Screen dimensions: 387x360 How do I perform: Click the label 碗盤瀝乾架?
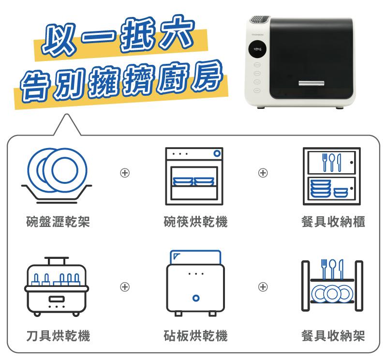point(58,222)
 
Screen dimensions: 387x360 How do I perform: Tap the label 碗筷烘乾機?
point(195,222)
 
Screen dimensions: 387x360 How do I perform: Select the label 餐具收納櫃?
point(333,222)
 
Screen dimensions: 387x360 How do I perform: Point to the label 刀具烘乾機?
point(58,335)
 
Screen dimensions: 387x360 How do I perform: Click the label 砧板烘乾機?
point(195,335)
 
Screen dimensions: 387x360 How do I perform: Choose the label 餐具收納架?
point(333,335)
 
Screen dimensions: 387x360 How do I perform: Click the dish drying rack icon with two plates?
point(57,176)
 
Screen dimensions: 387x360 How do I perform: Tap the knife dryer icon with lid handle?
point(57,286)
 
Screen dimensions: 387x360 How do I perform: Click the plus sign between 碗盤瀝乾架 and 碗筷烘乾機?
point(125,173)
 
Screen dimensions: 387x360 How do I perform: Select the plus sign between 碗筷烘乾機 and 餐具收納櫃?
point(263,173)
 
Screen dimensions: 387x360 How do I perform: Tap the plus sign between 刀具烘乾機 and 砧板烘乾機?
point(125,286)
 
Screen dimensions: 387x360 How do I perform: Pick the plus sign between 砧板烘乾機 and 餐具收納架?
point(263,286)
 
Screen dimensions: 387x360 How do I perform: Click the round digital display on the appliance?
point(257,49)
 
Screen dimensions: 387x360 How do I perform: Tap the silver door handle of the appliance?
point(311,83)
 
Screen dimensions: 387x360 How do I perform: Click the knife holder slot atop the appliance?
point(259,19)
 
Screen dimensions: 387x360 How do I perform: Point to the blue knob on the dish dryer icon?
point(217,153)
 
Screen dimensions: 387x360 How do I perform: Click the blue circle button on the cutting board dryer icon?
point(196,298)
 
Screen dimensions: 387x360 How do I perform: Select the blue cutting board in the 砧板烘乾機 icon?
point(195,257)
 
